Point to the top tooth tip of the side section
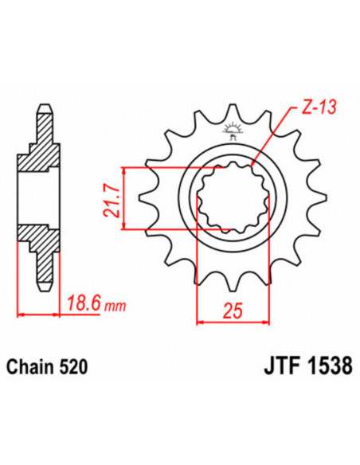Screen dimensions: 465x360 (x=47, y=111)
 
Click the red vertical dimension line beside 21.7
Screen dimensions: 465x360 (x=123, y=198)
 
